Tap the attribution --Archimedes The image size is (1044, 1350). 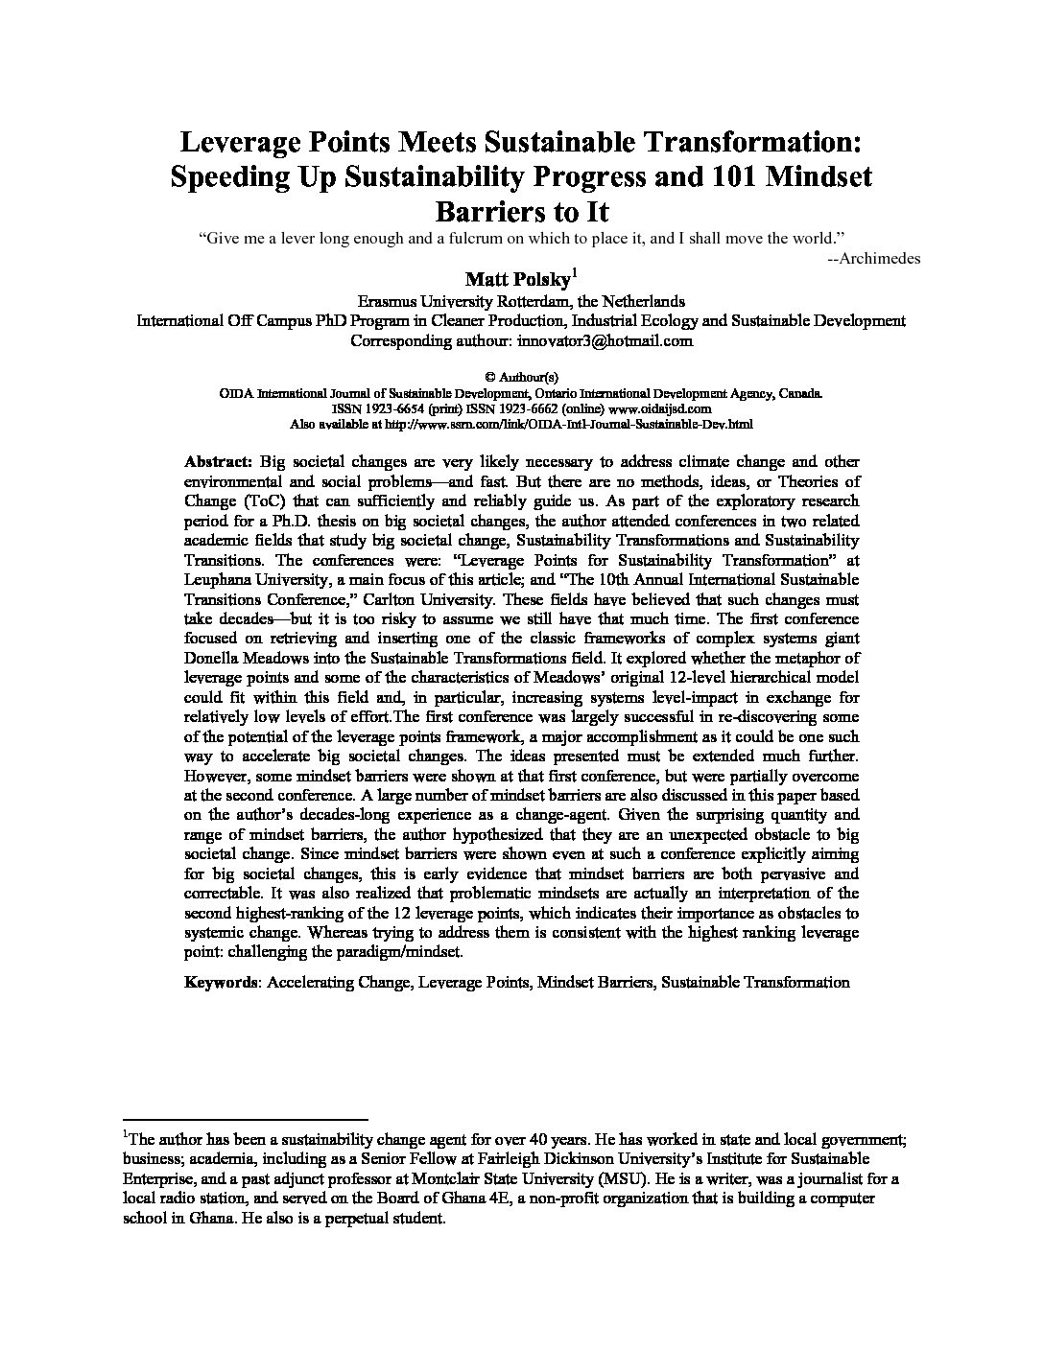pos(873,257)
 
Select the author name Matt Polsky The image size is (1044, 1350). pos(517,279)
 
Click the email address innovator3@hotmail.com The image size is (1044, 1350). pos(605,340)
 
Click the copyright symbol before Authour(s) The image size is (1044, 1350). pos(481,378)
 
